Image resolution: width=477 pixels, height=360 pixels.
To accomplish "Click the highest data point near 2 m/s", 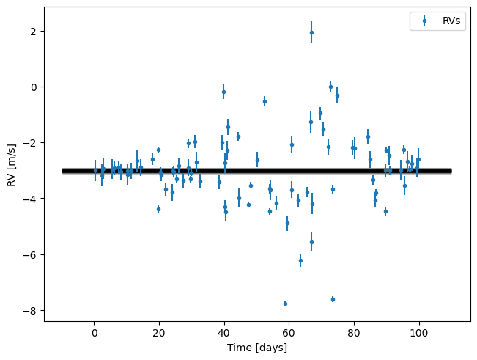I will [x=311, y=32].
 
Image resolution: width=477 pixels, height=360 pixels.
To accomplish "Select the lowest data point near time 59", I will [x=285, y=304].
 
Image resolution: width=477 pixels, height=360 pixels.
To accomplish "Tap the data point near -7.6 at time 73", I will [x=333, y=299].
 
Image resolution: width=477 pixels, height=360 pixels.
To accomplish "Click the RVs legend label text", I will [x=452, y=22].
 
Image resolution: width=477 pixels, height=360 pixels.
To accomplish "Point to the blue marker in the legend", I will [x=424, y=22].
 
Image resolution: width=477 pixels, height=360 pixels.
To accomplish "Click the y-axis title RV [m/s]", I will [x=12, y=165].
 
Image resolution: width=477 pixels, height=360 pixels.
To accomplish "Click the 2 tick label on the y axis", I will [x=34, y=32].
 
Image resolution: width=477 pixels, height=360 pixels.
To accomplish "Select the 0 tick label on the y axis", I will [x=34, y=87].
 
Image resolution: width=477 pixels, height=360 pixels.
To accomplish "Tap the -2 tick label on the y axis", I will [x=32, y=143].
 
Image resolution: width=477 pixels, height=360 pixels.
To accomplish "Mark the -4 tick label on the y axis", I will [x=32, y=199].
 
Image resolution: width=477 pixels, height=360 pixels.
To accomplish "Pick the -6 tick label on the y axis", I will [x=32, y=255].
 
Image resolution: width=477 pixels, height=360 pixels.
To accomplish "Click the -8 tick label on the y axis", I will [x=32, y=311].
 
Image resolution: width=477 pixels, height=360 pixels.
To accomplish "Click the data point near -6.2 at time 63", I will [x=300, y=260].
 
